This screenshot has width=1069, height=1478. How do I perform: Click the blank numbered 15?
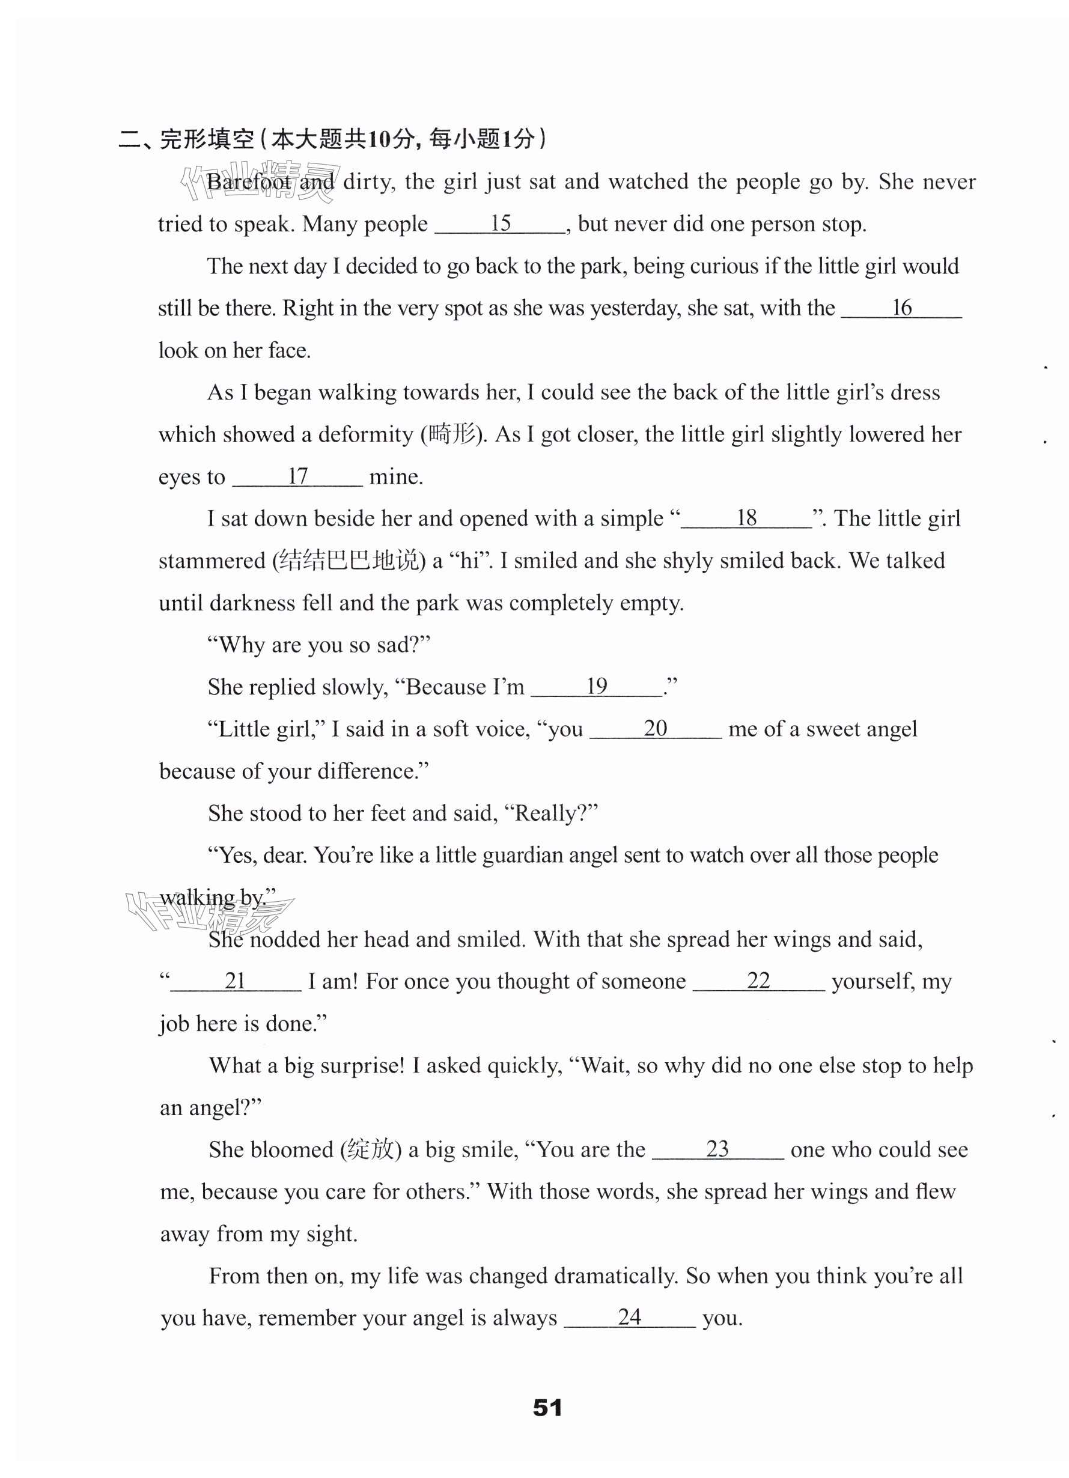coord(500,224)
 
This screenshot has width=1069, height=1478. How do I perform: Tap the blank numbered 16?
coord(901,308)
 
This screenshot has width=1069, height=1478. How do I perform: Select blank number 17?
coord(297,476)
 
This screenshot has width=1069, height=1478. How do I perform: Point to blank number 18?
coord(746,519)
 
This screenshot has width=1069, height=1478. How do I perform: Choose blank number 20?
coord(655,729)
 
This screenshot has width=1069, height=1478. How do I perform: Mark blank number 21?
coord(236,981)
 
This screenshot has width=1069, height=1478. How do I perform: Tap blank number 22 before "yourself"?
coord(758,981)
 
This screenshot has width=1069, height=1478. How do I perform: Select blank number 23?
coord(717,1149)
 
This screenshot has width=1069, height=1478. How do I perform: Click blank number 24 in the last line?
coord(629,1318)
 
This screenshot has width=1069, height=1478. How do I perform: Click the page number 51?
coord(547,1408)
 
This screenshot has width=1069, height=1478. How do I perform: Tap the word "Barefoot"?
coord(249,183)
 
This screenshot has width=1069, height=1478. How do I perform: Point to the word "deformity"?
coord(366,434)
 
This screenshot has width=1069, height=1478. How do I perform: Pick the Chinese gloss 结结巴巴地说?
coord(348,561)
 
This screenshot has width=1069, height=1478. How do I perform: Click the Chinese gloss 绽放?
coord(370,1149)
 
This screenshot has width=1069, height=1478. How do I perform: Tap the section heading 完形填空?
coord(206,139)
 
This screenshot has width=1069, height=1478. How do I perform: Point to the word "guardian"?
coord(525,856)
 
